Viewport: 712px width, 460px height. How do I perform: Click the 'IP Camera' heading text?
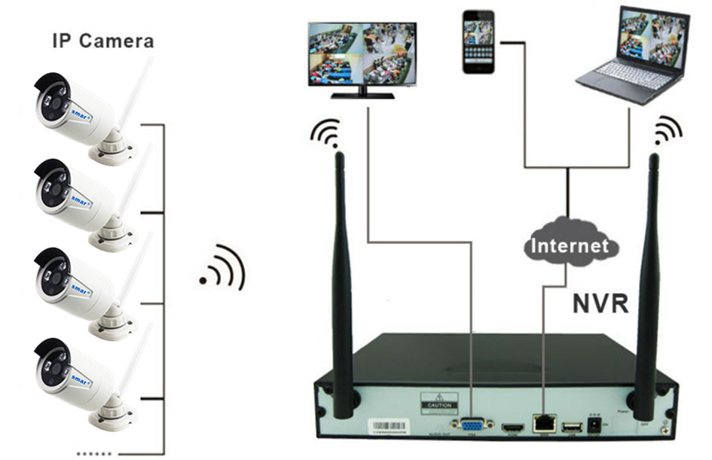coord(102,40)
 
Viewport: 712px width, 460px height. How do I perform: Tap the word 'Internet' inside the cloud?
coord(569,245)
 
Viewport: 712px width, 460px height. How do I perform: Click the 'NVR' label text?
coord(600,303)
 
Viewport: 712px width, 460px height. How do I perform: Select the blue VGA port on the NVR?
coord(472,425)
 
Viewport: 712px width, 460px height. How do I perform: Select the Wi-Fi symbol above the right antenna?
coord(666,130)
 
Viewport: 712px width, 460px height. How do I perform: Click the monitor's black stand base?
coord(363,94)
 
